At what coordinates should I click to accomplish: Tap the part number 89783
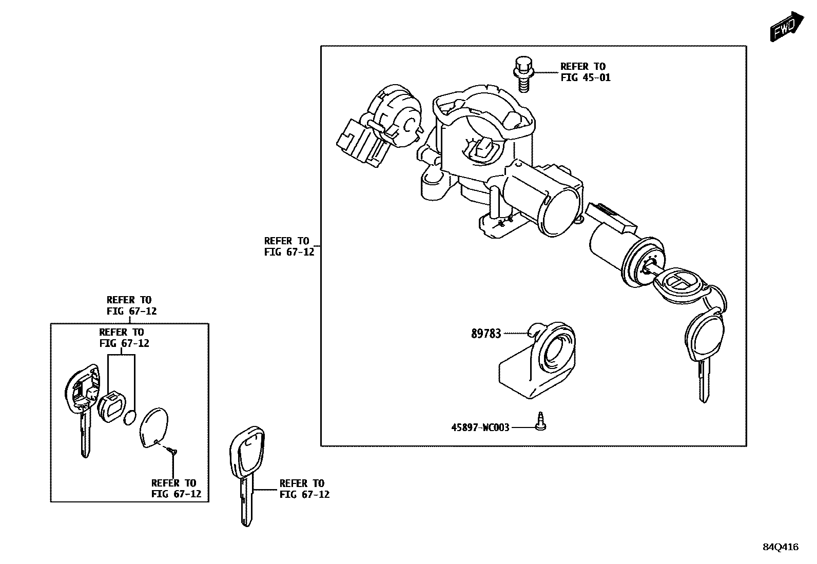point(485,334)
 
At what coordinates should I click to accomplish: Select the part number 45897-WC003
point(480,427)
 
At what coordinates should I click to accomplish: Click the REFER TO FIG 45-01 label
point(585,72)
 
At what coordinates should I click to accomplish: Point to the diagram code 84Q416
point(780,547)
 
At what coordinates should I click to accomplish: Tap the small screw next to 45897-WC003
point(540,422)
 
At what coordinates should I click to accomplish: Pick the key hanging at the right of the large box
point(703,349)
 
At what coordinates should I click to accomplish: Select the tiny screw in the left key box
point(172,451)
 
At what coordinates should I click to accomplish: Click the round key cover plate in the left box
point(153,427)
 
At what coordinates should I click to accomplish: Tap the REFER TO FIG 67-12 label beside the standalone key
point(304,489)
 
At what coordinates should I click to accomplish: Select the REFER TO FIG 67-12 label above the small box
point(131,305)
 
